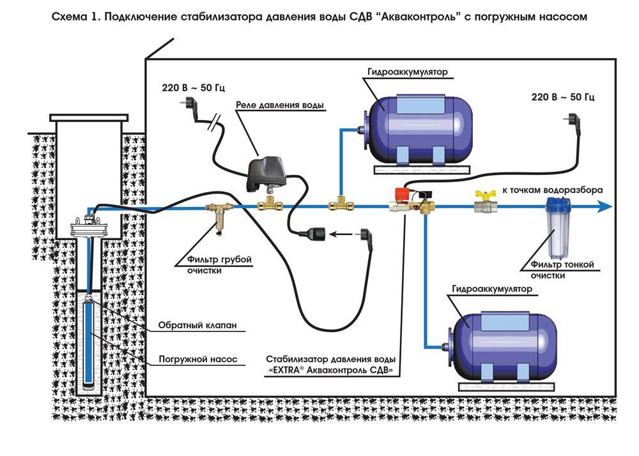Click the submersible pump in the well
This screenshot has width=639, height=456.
[x=89, y=345]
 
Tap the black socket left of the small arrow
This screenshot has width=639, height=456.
[x=317, y=234]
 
